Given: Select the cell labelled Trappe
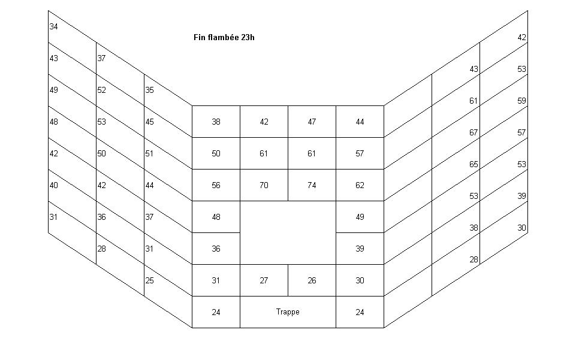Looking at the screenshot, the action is pyautogui.click(x=288, y=312).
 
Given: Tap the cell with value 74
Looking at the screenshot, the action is pyautogui.click(x=312, y=185).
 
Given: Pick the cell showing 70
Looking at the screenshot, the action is pyautogui.click(x=264, y=185).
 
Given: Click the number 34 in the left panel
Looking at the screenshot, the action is pyautogui.click(x=54, y=26).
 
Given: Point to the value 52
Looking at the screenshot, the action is pyautogui.click(x=101, y=90).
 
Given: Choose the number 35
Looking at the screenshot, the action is pyautogui.click(x=149, y=90).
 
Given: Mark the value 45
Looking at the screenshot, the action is pyautogui.click(x=149, y=122).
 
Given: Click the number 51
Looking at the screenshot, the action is pyautogui.click(x=149, y=154).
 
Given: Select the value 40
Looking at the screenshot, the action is pyautogui.click(x=54, y=185).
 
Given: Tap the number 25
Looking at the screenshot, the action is pyautogui.click(x=149, y=280).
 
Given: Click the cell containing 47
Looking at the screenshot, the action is pyautogui.click(x=312, y=122).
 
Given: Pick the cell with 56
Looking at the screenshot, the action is pyautogui.click(x=216, y=185).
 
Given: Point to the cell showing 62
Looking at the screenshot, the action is pyautogui.click(x=360, y=185).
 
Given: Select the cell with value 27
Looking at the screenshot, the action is pyautogui.click(x=264, y=280).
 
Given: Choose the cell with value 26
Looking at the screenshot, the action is pyautogui.click(x=312, y=280).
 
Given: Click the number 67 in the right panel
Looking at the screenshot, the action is pyautogui.click(x=474, y=132).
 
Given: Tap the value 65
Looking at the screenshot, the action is pyautogui.click(x=474, y=164).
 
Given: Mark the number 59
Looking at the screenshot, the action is pyautogui.click(x=521, y=101).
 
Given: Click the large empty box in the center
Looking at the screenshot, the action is pyautogui.click(x=288, y=232).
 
